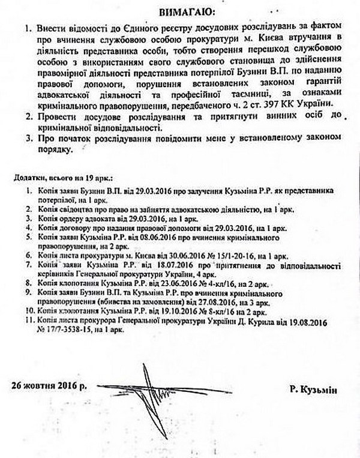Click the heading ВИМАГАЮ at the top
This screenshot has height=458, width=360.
[x=179, y=11]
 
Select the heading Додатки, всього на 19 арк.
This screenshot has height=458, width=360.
[x=65, y=179]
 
